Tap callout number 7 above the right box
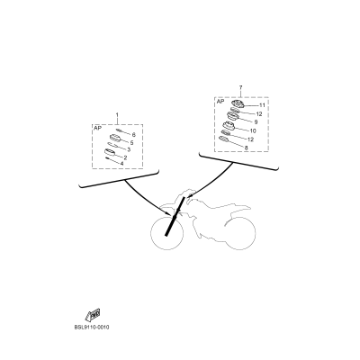click(x=240, y=88)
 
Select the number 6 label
click(x=133, y=134)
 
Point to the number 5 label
click(x=131, y=142)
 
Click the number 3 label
click(x=129, y=150)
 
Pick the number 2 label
click(x=125, y=157)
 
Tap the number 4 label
click(x=122, y=165)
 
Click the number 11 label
click(x=261, y=105)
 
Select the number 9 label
click(x=256, y=122)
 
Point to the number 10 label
click(x=253, y=130)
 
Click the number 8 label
click(x=245, y=147)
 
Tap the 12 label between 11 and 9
click(x=258, y=114)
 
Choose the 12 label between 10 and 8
click(x=249, y=139)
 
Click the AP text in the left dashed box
click(x=98, y=129)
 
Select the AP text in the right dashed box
click(x=220, y=102)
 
